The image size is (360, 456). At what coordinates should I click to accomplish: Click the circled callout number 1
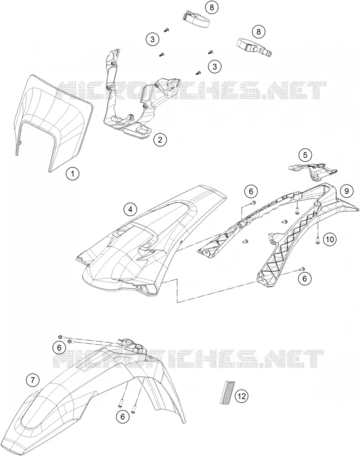click(72, 174)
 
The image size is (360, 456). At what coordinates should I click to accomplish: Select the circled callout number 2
click(160, 140)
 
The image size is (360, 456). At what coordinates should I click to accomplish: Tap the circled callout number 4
click(130, 209)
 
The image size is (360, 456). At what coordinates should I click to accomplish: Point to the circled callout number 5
click(305, 155)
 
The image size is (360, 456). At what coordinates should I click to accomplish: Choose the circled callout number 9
click(346, 191)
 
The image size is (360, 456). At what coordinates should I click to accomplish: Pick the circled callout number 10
click(329, 239)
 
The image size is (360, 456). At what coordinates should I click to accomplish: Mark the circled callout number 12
click(242, 396)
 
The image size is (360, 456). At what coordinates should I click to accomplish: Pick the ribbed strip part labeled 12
click(226, 392)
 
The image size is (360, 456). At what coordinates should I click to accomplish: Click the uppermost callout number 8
click(212, 7)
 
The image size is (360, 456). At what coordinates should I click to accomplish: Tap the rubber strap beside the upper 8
click(196, 20)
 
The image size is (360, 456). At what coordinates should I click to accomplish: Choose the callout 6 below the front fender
click(123, 417)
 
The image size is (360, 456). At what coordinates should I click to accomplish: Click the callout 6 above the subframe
click(251, 191)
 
